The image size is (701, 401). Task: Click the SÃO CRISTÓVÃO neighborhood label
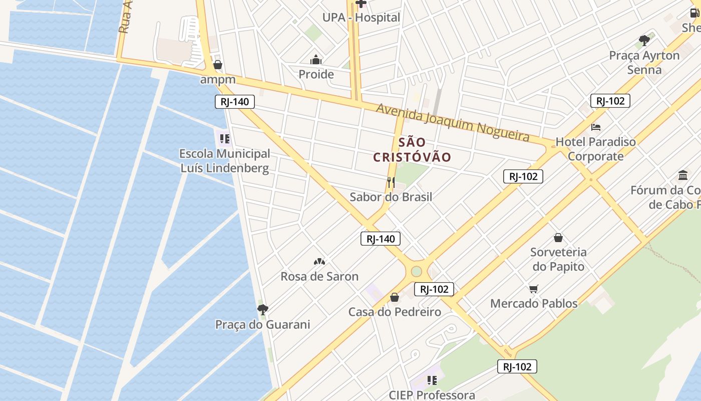pos(412,150)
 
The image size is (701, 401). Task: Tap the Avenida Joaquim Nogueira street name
pos(453,123)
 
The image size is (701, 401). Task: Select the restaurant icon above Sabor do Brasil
pos(391,182)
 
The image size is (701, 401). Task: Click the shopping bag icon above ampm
pos(218,65)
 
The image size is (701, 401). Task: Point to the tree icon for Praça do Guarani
pos(262,309)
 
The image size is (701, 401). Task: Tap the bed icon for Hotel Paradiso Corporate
pos(596,127)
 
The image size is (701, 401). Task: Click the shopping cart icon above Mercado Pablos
pos(534,289)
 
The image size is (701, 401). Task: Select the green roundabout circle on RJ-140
pos(417,272)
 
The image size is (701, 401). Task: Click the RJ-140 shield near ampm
pos(235,102)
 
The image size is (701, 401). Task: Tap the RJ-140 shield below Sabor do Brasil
pos(381,239)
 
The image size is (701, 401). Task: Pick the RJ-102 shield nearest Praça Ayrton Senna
pos(610,101)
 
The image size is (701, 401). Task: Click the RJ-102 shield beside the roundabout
pos(434,289)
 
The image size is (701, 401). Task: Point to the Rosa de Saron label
pos(319,276)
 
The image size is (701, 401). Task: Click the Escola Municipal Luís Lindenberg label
pos(225,161)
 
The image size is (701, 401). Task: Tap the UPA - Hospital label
pos(361,18)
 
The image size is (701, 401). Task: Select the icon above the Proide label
pos(316,60)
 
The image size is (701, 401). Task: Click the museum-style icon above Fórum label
pos(683,175)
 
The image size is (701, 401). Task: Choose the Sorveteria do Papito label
pos(558,259)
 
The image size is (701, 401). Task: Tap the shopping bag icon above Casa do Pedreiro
pos(395,297)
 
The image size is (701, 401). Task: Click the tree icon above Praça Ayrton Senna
pos(644,41)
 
